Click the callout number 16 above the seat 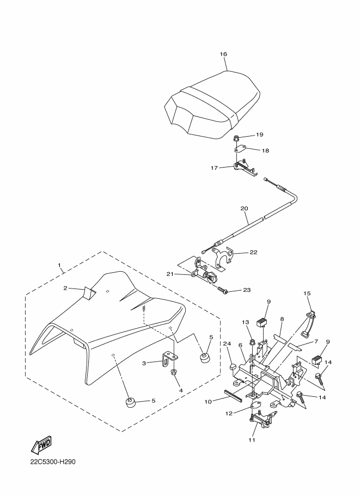point(223,54)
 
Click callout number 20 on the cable point(243,208)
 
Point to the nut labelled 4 point(173,372)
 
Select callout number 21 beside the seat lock point(169,274)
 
